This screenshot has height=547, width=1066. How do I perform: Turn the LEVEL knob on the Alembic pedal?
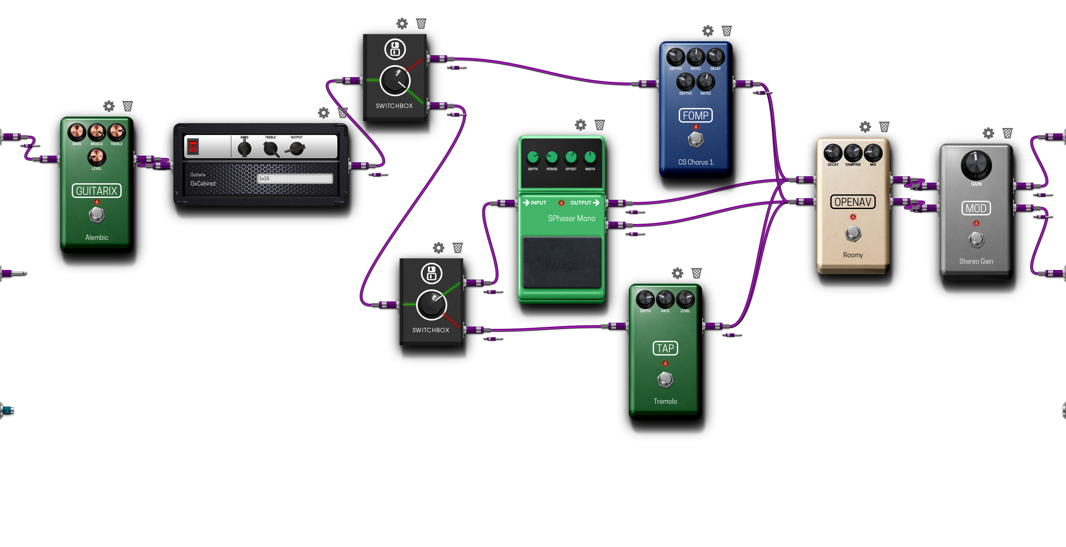[x=97, y=157]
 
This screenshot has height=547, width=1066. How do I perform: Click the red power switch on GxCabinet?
[x=193, y=146]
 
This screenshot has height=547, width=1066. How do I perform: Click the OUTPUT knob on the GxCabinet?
[x=297, y=148]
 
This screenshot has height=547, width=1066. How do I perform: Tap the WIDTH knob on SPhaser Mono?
[x=590, y=157]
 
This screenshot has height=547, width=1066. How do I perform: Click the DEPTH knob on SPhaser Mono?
[x=533, y=157]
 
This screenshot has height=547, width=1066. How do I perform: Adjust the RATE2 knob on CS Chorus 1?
[x=705, y=82]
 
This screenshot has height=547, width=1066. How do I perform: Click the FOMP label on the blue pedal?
[x=695, y=115]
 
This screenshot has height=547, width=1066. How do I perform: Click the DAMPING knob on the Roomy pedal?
[x=853, y=153]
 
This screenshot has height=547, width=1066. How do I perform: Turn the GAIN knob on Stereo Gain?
[x=976, y=164]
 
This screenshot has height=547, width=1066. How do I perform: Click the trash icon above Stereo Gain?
[x=1007, y=133]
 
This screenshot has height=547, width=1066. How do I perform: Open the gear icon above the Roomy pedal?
[x=865, y=127]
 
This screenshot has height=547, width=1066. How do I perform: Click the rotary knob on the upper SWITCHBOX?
[x=395, y=81]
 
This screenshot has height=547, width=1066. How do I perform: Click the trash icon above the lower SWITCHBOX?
[x=457, y=248]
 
